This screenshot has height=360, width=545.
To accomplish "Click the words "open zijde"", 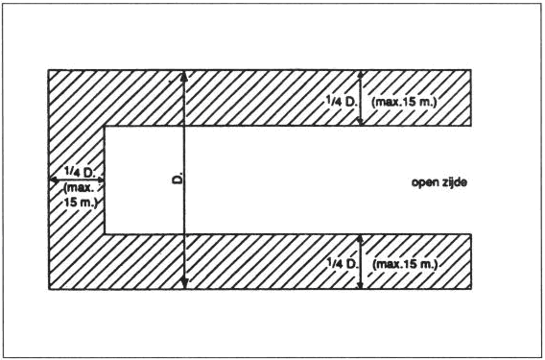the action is (x=439, y=182).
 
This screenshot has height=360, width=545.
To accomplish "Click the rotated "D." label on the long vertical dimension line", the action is (x=178, y=180).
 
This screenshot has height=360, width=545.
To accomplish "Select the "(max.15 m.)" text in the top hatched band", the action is (x=404, y=103).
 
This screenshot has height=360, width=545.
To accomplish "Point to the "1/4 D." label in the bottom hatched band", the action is (x=343, y=263).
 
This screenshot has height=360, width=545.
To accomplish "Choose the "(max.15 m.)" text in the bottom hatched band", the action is (x=405, y=264).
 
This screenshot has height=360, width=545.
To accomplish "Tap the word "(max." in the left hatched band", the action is (x=79, y=188).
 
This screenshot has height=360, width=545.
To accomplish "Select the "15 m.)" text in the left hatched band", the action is (x=80, y=203).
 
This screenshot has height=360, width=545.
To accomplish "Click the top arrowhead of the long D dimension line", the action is (x=184, y=75).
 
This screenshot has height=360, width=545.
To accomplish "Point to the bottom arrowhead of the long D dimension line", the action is (x=184, y=284).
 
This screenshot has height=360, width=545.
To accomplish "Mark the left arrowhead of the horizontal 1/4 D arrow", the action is (x=53, y=180).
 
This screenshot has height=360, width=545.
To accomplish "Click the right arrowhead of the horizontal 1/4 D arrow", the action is (x=101, y=180).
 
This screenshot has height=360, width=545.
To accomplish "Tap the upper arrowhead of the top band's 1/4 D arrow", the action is (x=361, y=74).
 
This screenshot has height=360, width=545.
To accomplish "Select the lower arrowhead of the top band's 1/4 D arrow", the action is (x=361, y=121).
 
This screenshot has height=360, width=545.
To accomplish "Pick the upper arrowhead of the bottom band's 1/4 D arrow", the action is (x=360, y=238).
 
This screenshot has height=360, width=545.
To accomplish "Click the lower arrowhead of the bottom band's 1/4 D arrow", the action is (x=360, y=285).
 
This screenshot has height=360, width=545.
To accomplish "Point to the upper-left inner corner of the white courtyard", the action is (x=105, y=126).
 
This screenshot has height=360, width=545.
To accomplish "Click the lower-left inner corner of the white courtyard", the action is (x=105, y=234).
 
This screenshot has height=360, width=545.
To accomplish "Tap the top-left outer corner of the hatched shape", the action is (x=49, y=70).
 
